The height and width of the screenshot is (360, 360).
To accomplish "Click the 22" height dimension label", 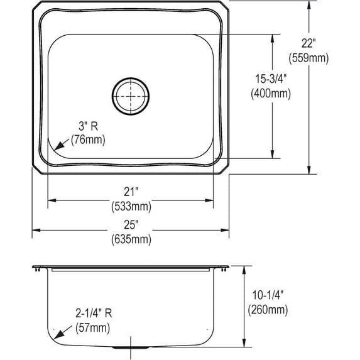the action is pyautogui.click(x=308, y=43).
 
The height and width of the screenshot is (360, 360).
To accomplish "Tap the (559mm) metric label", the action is pyautogui.click(x=308, y=58).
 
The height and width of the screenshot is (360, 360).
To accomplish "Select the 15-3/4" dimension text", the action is pyautogui.click(x=271, y=79).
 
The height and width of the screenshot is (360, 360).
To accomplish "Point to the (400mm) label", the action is pyautogui.click(x=271, y=94).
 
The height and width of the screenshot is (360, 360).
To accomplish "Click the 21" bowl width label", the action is pyautogui.click(x=131, y=192).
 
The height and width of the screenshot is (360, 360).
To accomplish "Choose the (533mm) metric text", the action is pyautogui.click(x=131, y=207).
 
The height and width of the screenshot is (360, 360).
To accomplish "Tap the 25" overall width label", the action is pyautogui.click(x=131, y=225).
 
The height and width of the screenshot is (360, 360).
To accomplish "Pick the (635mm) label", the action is pyautogui.click(x=131, y=239).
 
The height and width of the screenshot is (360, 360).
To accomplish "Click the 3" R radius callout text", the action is pyautogui.click(x=89, y=126).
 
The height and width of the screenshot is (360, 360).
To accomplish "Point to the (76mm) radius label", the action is pyautogui.click(x=88, y=139).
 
